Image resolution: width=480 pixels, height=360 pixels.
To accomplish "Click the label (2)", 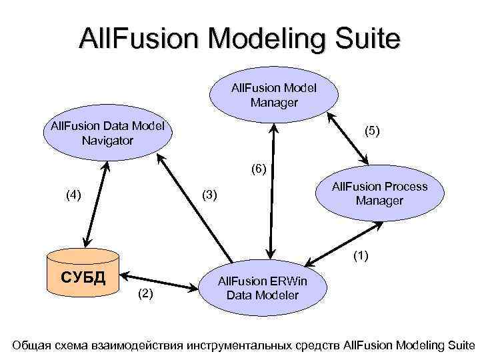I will (147, 293).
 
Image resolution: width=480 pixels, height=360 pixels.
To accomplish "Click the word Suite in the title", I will (366, 38).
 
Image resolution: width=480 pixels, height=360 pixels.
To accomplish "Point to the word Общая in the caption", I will (31, 345).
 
